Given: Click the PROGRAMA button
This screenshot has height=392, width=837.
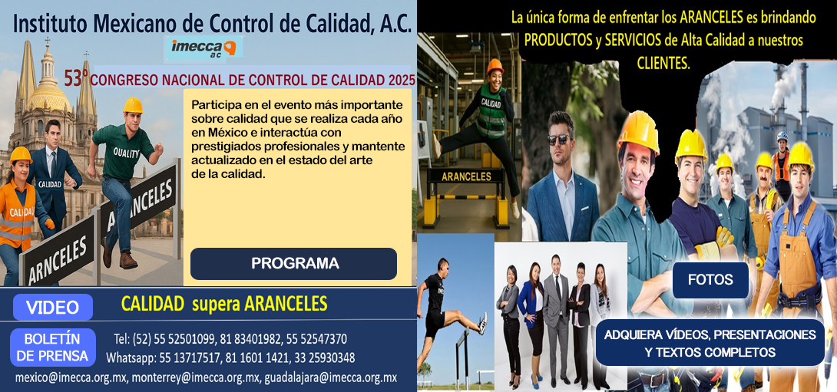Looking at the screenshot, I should pos(294,263).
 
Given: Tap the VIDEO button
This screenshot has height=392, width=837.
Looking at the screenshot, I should pos(52,308).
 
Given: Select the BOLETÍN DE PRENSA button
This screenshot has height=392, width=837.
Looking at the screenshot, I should pos(52,348).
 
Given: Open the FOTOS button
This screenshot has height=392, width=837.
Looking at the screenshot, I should pos(710,280).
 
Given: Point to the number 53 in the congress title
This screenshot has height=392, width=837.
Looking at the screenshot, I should pos(73,78).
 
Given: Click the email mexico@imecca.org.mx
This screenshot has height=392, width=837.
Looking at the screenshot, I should pos(71,377).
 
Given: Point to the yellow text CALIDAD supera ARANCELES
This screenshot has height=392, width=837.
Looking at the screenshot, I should pos(224,304).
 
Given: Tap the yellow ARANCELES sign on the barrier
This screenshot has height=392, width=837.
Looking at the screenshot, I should pos(466,176).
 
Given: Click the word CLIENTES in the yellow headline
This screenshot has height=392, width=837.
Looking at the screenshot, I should pos(663,63).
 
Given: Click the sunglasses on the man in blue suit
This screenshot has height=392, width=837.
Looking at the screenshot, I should pos(559,139).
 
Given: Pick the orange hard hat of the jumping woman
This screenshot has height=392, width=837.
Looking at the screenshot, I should pos(495,66).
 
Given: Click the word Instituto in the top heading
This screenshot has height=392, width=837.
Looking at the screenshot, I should pos(49,23).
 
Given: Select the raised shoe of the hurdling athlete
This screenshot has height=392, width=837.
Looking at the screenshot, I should pos(482,323).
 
